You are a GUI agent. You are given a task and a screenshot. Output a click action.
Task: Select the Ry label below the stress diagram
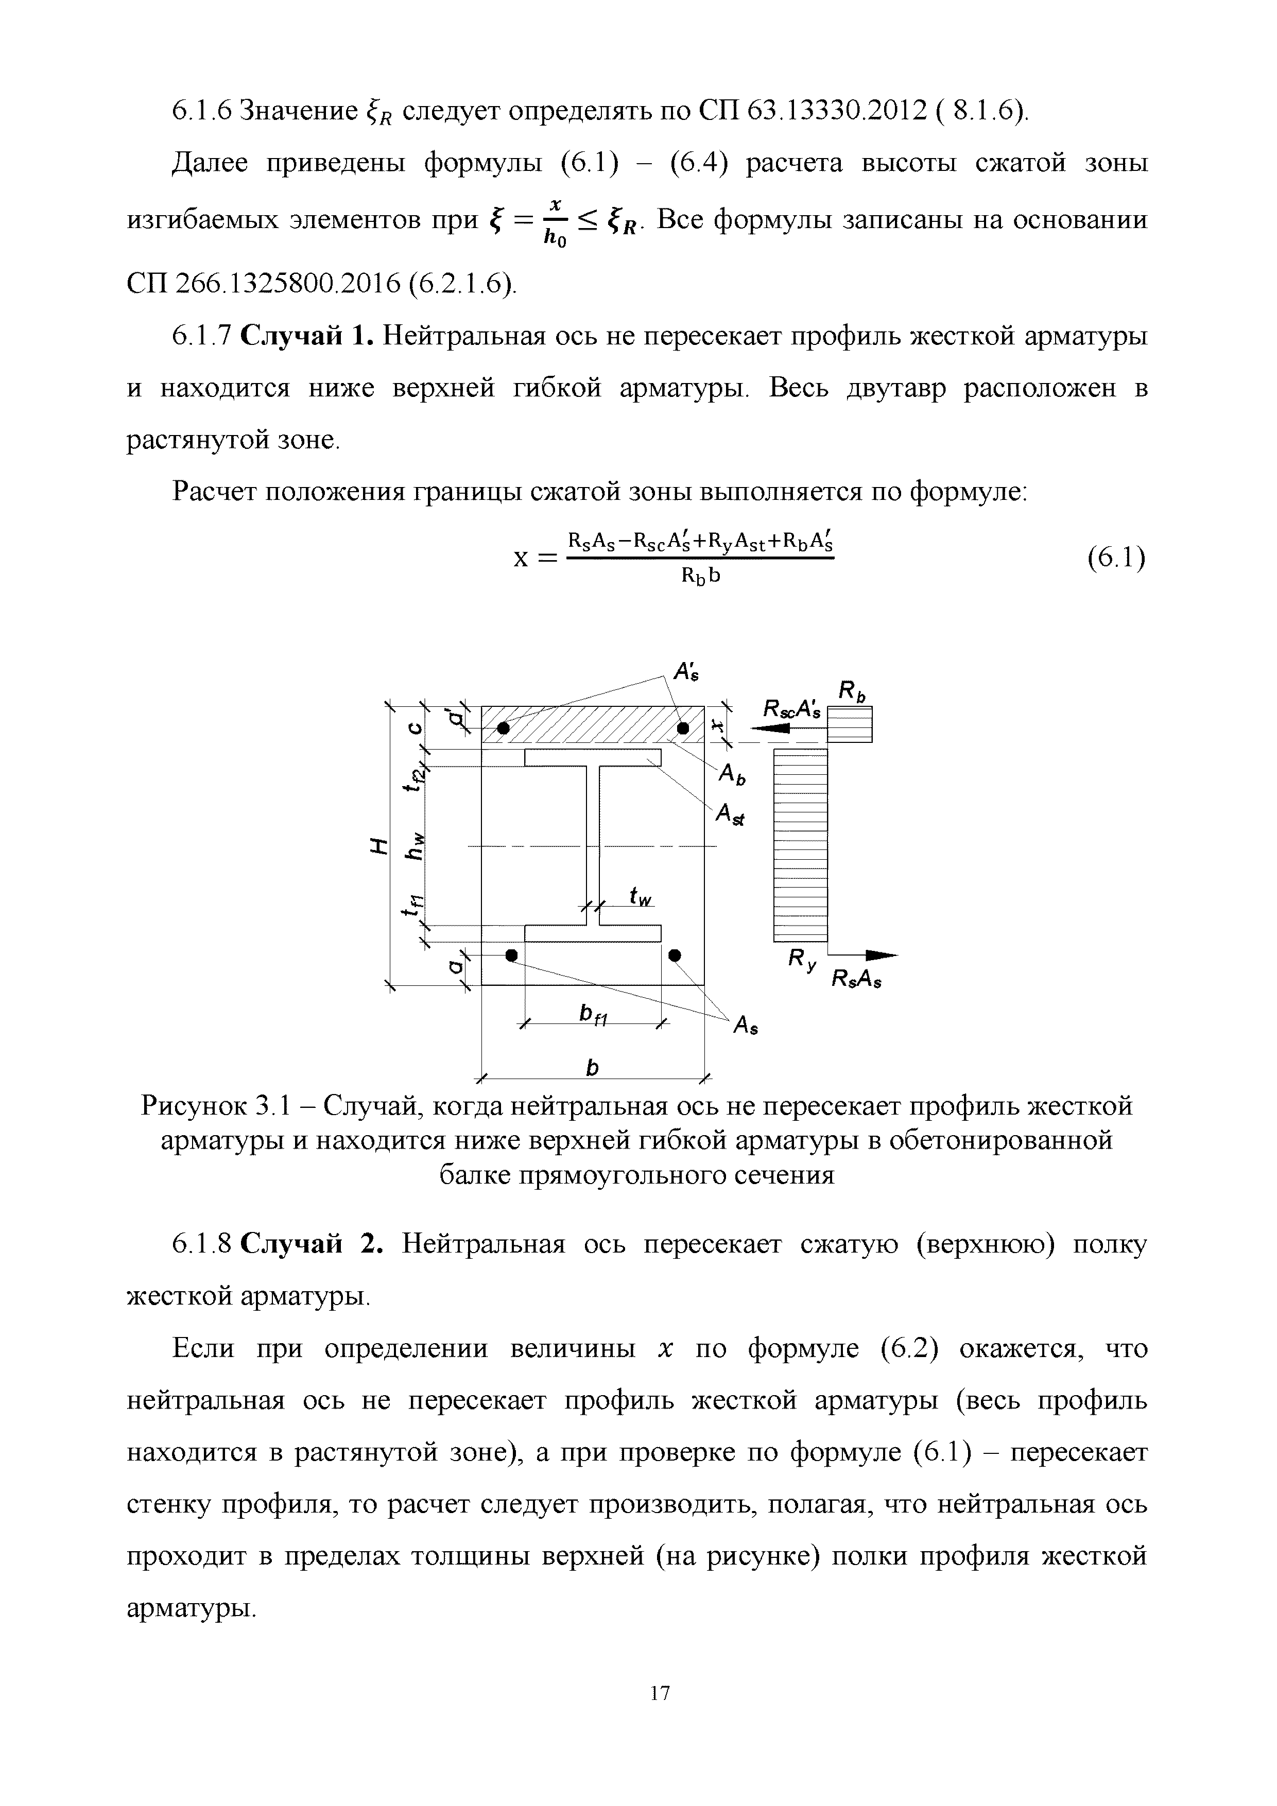pos(801,961)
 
